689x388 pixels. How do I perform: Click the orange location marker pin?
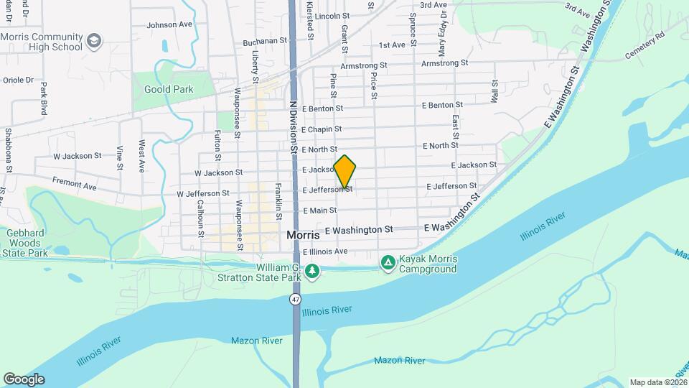tap(345, 171)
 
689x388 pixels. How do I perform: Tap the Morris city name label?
tap(302, 235)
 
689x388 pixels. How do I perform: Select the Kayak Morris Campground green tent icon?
tap(388, 263)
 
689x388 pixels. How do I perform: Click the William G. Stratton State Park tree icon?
tap(311, 271)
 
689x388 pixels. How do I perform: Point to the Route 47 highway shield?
tap(296, 298)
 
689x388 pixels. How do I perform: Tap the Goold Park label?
tap(169, 90)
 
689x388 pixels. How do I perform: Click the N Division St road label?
tap(293, 126)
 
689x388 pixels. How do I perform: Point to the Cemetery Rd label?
tap(645, 45)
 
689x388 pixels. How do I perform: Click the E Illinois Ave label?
tap(324, 252)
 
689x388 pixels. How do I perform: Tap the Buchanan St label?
tap(265, 42)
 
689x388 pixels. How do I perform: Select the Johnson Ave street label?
tap(169, 24)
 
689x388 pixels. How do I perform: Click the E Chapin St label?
tap(322, 129)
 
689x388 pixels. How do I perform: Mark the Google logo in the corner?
tap(23, 379)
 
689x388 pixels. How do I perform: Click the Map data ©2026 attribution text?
tap(658, 382)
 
